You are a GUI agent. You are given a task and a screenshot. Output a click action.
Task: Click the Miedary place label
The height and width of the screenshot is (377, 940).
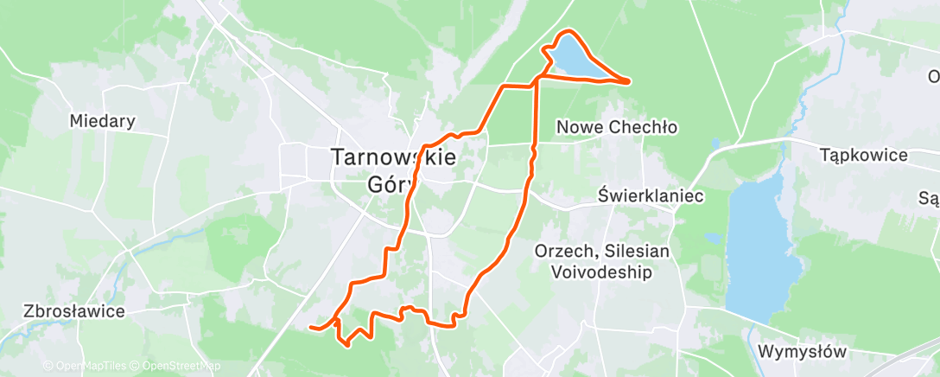click(x=103, y=121)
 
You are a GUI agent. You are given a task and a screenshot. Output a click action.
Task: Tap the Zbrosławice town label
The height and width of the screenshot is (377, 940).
click(x=75, y=311)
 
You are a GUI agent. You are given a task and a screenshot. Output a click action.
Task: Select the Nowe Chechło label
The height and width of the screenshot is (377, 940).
click(x=616, y=127)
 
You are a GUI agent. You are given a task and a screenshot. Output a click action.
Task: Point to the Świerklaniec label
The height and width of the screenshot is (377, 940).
click(x=651, y=196)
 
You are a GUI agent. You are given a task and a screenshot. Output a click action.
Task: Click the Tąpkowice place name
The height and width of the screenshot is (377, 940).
click(x=864, y=156)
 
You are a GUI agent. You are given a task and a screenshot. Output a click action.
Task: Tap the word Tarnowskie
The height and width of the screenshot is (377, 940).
click(x=393, y=158)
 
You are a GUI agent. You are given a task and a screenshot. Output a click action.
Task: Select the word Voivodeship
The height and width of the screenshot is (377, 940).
click(x=600, y=272)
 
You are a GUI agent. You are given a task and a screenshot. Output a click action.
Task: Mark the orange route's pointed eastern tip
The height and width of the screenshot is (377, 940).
click(x=628, y=81)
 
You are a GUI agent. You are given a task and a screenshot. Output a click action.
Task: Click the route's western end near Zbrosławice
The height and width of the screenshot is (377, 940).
click(x=310, y=327)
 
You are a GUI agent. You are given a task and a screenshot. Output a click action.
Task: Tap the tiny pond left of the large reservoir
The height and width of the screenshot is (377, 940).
click(x=711, y=237)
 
